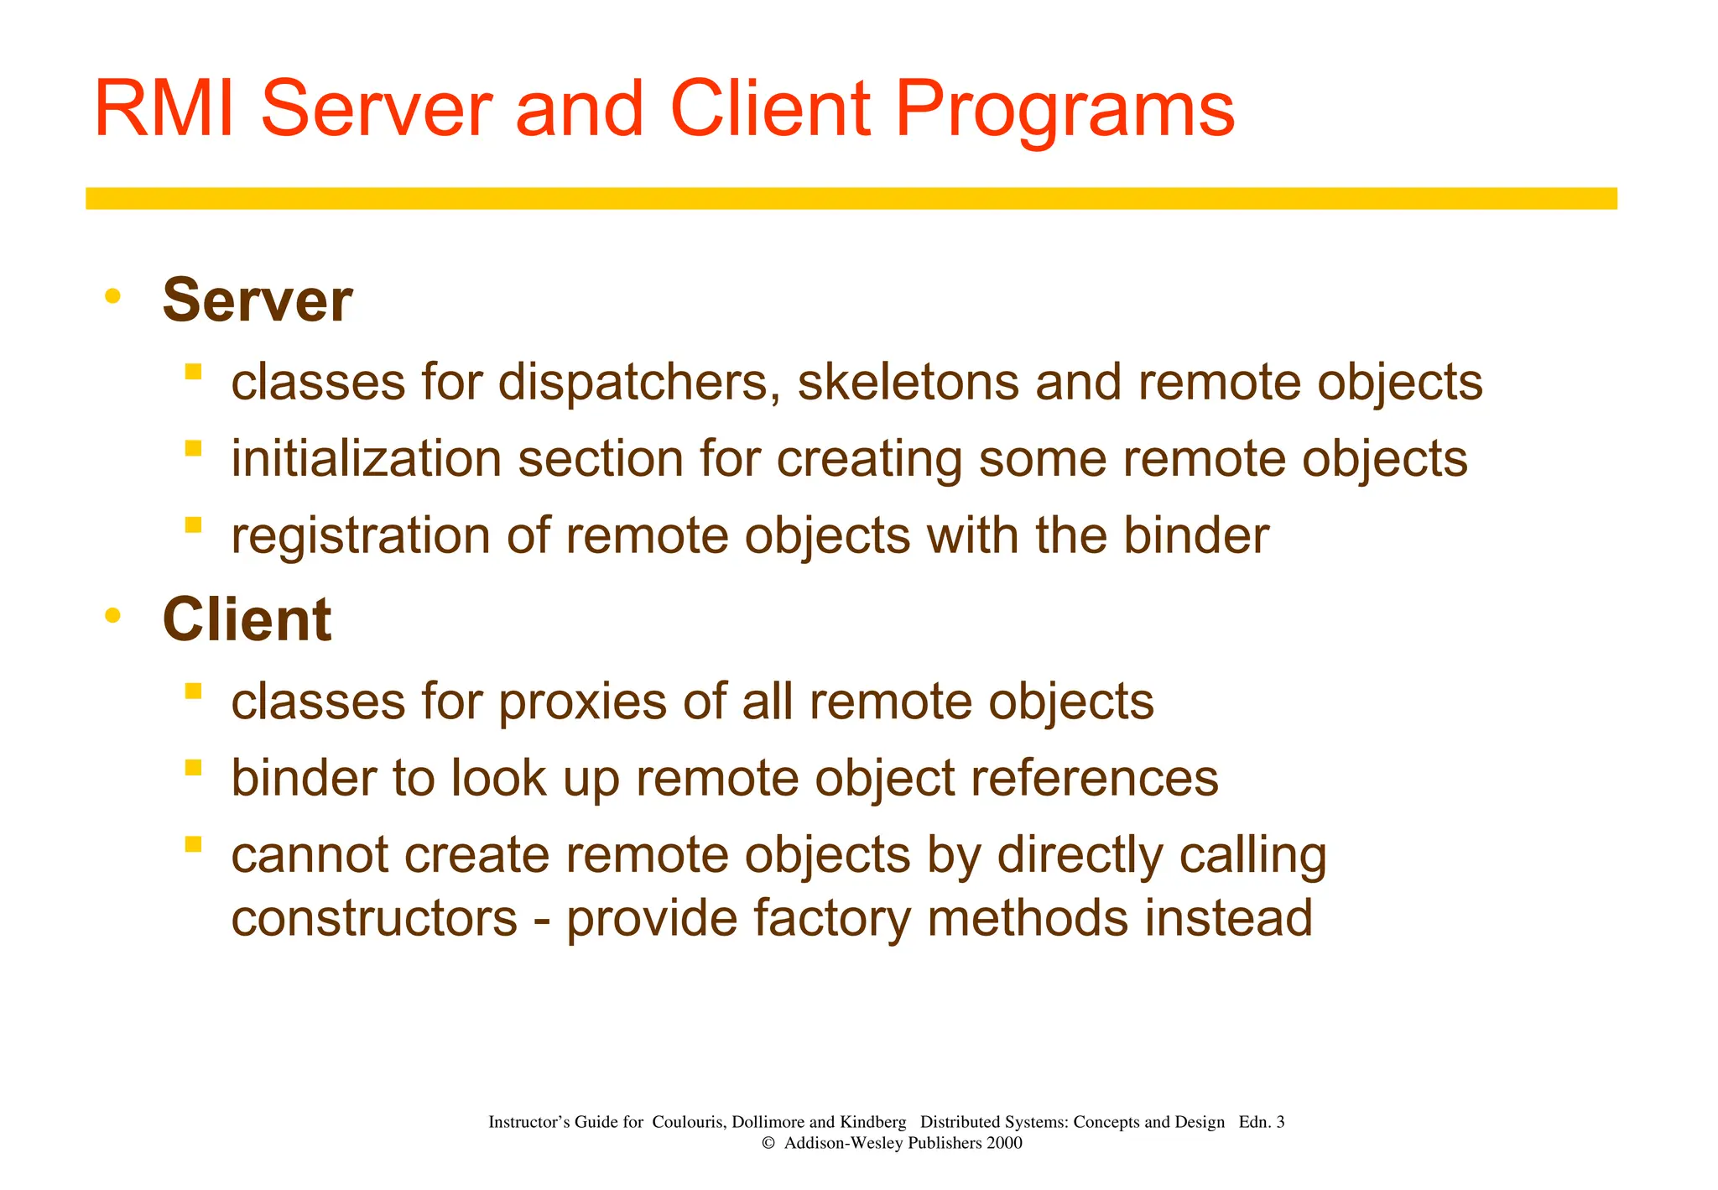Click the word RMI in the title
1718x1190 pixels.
164,109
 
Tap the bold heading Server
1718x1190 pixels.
258,300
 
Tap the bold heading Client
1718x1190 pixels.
247,619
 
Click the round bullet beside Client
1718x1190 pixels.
113,615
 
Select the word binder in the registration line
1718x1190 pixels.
1195,535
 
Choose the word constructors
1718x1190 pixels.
374,918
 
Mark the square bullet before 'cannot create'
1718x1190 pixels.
194,843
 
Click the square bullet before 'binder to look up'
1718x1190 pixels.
194,767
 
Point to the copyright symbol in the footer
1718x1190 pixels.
768,1143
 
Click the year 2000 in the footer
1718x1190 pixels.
1004,1143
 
